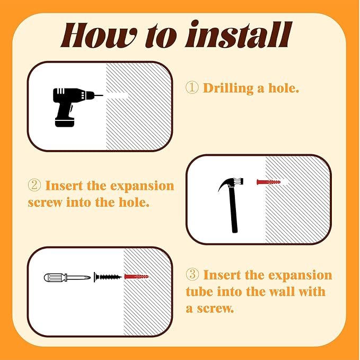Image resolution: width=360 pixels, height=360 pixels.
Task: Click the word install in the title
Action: click(x=238, y=34)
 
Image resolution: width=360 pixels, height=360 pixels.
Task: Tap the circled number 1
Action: click(x=192, y=88)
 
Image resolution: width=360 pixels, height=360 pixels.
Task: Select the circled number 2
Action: click(x=34, y=185)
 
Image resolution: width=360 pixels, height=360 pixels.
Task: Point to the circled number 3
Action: click(x=192, y=275)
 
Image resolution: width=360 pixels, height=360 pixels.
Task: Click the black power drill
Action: click(x=74, y=107)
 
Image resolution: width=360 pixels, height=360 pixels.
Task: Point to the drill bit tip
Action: click(x=103, y=95)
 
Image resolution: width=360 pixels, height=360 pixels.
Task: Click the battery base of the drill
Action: click(x=65, y=122)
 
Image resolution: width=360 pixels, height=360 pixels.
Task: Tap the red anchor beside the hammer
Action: click(x=268, y=182)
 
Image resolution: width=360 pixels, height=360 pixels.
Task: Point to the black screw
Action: click(x=108, y=277)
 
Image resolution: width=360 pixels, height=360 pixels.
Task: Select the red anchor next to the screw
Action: click(x=136, y=277)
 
